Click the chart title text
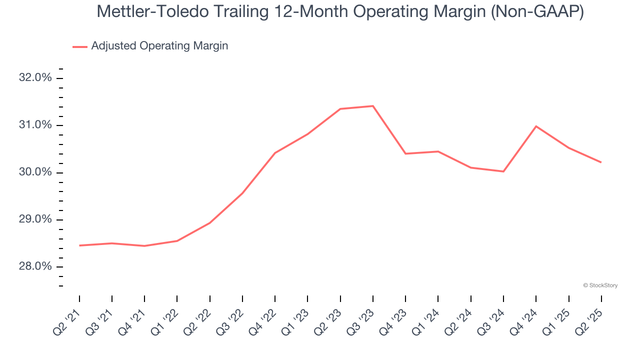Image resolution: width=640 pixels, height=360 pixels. click(x=340, y=12)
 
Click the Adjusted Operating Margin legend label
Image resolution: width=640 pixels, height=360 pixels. click(x=159, y=46)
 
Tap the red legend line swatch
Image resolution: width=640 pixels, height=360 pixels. click(x=80, y=46)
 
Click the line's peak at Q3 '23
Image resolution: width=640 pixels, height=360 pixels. click(x=373, y=106)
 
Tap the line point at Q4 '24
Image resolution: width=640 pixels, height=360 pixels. click(x=536, y=126)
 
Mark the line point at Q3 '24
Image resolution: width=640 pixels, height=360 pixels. click(x=503, y=171)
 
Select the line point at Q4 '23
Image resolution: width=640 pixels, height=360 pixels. click(x=405, y=153)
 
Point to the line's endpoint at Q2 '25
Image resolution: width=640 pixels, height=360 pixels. click(x=601, y=162)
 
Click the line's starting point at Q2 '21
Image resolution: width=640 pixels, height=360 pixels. click(x=79, y=245)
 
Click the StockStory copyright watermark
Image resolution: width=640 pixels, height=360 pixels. click(x=600, y=285)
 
